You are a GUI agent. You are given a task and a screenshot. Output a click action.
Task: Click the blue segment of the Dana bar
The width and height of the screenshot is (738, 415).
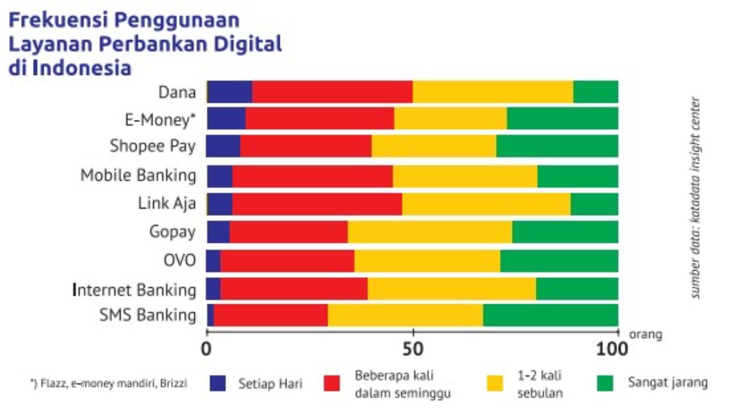click(230, 92)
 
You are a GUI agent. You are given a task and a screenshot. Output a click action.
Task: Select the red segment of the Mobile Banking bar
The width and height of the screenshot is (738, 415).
click(312, 176)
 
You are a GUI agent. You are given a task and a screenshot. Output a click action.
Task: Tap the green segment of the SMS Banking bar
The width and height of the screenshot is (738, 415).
click(550, 315)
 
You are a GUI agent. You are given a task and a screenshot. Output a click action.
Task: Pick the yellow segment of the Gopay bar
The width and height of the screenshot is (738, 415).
click(430, 232)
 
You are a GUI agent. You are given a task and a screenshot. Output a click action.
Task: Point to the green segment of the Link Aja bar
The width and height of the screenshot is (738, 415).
click(594, 204)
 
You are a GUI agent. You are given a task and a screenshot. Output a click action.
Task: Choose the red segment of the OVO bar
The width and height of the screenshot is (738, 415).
click(287, 261)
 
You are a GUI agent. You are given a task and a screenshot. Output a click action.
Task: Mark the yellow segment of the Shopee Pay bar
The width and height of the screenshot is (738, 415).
click(434, 146)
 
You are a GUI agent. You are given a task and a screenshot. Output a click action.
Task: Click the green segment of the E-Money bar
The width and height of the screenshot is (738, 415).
click(562, 118)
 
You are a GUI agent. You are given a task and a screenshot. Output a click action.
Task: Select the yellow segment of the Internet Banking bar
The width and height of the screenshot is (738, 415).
click(451, 288)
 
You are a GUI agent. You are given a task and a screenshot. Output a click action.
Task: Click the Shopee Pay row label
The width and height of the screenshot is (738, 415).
click(153, 146)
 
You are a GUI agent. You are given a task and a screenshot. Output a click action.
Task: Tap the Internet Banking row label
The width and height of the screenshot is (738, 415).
click(135, 289)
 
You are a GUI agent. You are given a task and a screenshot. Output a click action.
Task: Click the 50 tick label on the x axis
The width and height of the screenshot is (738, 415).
click(413, 349)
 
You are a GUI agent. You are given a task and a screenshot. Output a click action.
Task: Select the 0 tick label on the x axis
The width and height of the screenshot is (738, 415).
click(207, 349)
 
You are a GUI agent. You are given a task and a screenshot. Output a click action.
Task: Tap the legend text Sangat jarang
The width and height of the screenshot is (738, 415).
click(668, 382)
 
